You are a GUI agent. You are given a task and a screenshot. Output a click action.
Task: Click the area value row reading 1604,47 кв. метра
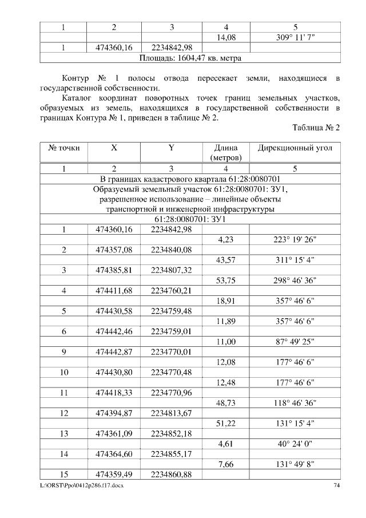pos(190,58)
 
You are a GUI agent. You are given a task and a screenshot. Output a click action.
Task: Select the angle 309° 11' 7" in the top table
pos(295,37)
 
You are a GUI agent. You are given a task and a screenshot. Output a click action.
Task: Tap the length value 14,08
pos(227,37)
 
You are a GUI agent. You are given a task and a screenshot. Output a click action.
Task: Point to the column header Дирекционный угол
pos(295,148)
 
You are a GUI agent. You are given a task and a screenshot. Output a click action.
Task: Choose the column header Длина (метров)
pos(227,152)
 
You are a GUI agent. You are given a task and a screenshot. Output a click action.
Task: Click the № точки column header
pos(63,148)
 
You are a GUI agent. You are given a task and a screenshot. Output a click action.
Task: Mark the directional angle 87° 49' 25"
pos(295,341)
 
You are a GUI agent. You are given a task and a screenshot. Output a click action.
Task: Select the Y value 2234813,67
pos(172,413)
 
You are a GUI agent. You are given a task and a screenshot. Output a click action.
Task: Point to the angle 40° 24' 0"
pos(295,443)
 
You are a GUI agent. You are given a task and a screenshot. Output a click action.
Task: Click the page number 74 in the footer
pos(336,486)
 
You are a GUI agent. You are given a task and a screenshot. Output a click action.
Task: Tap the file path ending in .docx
pos(81,486)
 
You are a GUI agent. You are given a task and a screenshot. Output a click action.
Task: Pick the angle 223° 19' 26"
pos(295,239)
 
